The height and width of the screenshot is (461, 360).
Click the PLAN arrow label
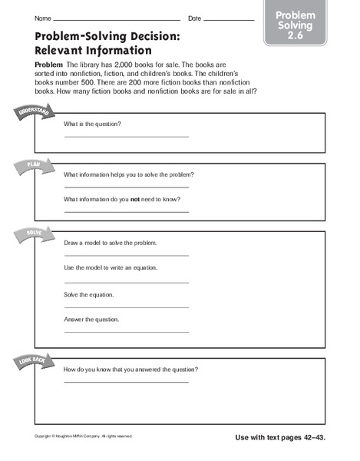tap(33, 165)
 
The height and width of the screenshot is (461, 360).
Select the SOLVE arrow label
tap(31, 234)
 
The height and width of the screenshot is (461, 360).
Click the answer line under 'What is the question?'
tap(126, 137)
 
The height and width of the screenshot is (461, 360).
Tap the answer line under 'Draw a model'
tap(126, 255)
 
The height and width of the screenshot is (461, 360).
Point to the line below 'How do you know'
tap(126, 382)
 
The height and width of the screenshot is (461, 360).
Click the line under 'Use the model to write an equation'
tap(126, 282)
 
